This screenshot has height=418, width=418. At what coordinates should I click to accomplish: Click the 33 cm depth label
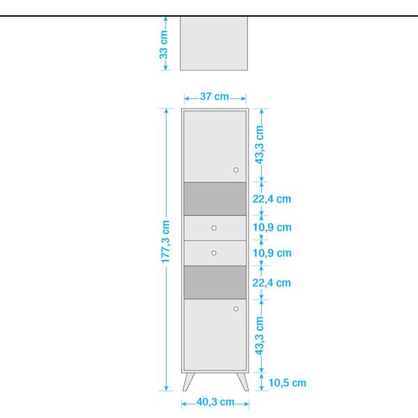(164, 45)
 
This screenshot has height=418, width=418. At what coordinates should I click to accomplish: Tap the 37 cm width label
(215, 97)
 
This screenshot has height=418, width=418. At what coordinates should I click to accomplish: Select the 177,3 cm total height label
(166, 242)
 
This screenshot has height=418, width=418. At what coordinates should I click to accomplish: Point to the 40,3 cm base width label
(215, 402)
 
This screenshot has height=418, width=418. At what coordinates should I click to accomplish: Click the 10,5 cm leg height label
(287, 382)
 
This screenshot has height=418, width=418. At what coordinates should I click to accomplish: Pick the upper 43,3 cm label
(259, 145)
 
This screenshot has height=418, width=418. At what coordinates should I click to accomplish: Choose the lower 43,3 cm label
(259, 336)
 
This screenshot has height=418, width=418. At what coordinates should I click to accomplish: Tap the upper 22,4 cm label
(272, 199)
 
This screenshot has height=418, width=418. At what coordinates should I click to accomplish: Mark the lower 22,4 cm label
(272, 283)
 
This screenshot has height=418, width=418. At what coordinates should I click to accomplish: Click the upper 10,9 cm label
(272, 227)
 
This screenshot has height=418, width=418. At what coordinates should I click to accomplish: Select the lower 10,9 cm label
(272, 253)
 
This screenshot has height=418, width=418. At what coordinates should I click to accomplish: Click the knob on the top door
(236, 170)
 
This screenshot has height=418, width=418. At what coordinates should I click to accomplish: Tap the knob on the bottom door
(236, 309)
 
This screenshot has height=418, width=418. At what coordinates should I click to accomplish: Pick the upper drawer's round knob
(214, 228)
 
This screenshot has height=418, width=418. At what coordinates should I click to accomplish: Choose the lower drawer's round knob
(214, 253)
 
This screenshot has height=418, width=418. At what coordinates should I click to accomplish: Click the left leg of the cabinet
(188, 382)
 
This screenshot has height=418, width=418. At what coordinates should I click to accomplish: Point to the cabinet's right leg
(243, 382)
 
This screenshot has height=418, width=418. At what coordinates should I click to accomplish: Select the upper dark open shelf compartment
(215, 199)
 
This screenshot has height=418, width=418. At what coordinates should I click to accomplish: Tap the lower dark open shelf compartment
(215, 282)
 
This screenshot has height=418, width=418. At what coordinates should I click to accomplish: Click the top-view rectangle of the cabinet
(214, 43)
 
